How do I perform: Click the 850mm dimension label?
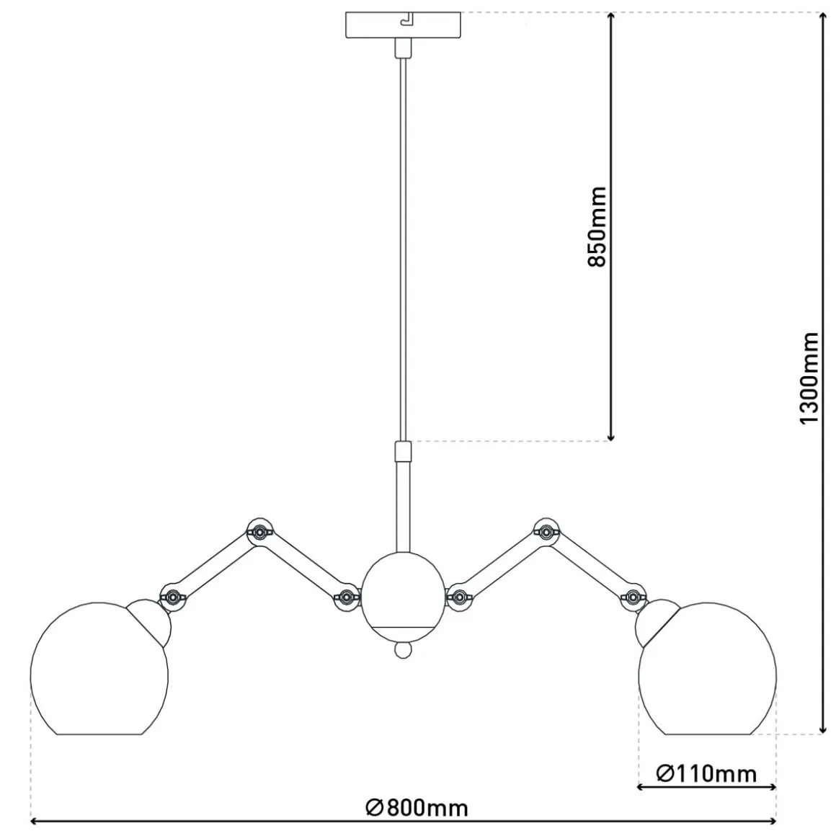click(597, 226)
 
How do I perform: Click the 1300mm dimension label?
click(809, 378)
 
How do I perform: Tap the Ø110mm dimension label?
click(706, 773)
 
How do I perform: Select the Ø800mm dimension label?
click(417, 808)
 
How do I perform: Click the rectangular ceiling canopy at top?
click(403, 25)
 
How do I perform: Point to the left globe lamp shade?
click(99, 669)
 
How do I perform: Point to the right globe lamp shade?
click(708, 669)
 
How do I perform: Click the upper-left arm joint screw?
click(259, 531)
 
